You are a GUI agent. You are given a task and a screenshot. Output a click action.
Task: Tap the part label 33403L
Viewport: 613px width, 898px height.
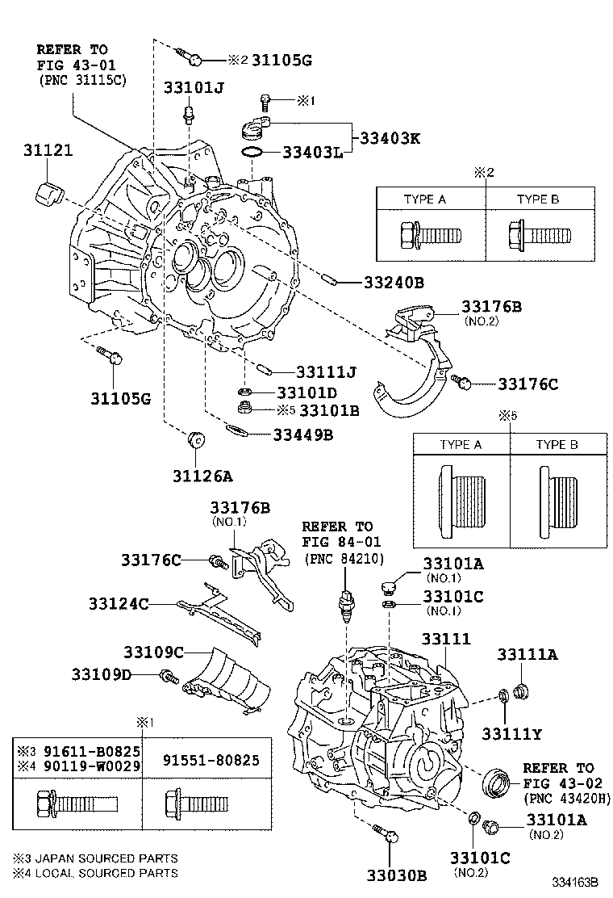pos(312,151)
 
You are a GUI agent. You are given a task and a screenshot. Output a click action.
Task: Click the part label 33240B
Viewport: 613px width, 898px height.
pos(393,283)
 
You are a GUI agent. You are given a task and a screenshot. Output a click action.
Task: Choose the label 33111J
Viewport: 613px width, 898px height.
pos(326,371)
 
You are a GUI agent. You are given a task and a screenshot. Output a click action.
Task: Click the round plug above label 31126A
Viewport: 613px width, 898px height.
pos(195,441)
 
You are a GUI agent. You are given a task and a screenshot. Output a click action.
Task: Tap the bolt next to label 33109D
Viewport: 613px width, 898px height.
pos(169,677)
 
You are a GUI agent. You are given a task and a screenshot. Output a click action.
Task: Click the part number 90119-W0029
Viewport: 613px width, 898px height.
pos(84,764)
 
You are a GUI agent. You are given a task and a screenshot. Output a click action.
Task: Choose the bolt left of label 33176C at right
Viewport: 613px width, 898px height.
pos(461,381)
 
